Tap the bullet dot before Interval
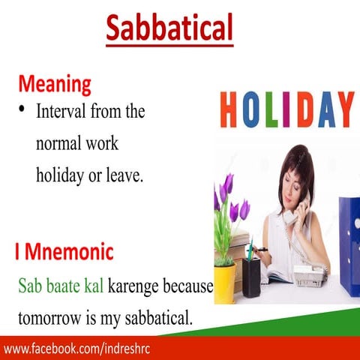point(22,111)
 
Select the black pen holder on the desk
point(251,277)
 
